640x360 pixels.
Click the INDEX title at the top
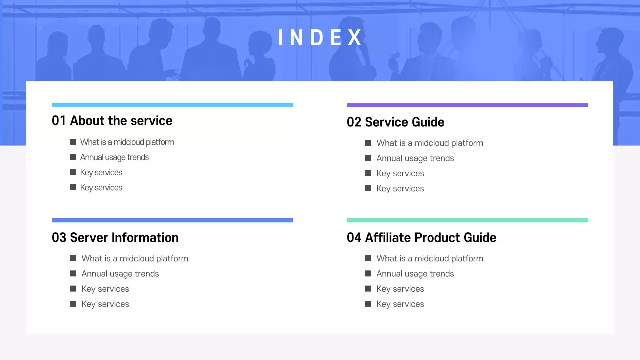320,38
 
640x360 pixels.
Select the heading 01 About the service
112,121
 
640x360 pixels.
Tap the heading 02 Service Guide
395,122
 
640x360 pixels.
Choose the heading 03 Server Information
115,238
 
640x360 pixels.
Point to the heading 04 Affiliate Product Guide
421,238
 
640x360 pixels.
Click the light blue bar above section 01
172,105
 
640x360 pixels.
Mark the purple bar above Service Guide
467,105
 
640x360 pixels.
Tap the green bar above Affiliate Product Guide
467,220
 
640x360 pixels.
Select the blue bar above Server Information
172,220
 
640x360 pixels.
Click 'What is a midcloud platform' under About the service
127,142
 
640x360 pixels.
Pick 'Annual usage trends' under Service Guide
415,158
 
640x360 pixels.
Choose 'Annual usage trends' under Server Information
120,274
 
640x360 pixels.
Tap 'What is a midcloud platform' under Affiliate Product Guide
430,259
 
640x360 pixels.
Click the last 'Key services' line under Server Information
105,304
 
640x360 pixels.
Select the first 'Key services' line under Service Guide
400,173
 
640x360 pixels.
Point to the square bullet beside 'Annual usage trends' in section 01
73,157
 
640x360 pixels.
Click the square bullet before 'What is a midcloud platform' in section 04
368,258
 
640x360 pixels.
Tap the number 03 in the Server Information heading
59,238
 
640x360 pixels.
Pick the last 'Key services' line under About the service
101,188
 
